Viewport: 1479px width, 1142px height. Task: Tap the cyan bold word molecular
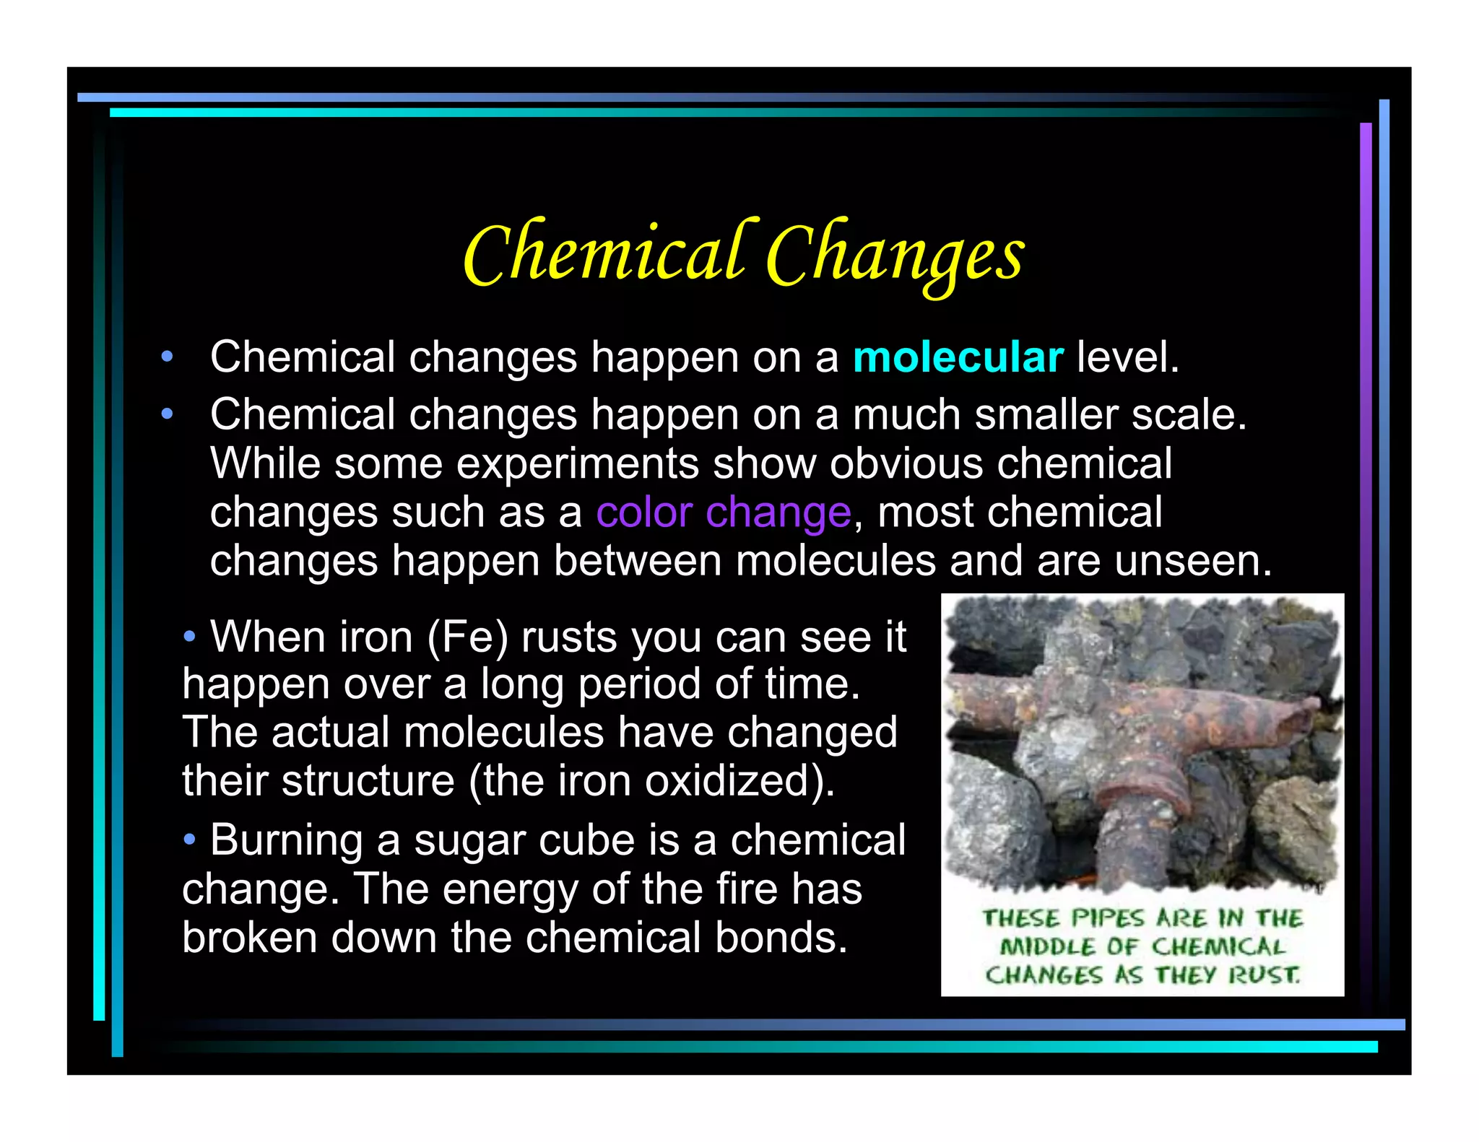point(958,357)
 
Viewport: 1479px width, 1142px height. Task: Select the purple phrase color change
point(724,513)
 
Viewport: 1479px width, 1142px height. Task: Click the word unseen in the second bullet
point(1192,561)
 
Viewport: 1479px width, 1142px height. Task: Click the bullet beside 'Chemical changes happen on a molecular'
point(168,357)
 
